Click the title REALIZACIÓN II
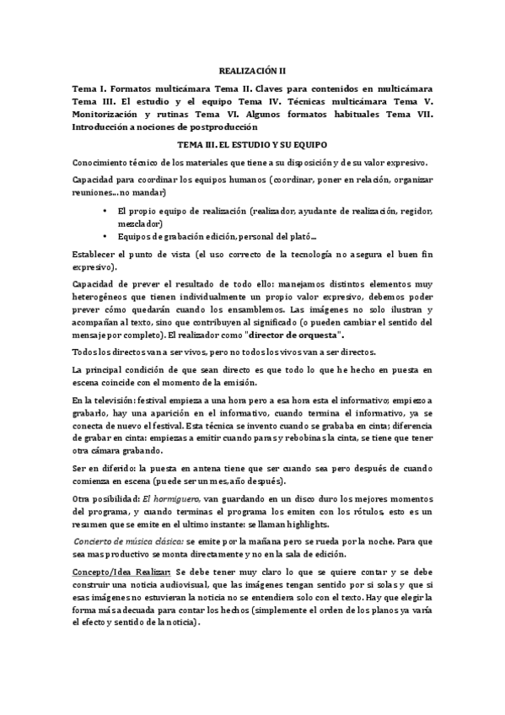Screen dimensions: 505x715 (252, 73)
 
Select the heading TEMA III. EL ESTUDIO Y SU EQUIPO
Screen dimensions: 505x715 (252, 144)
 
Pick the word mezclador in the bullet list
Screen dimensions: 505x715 (141, 223)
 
